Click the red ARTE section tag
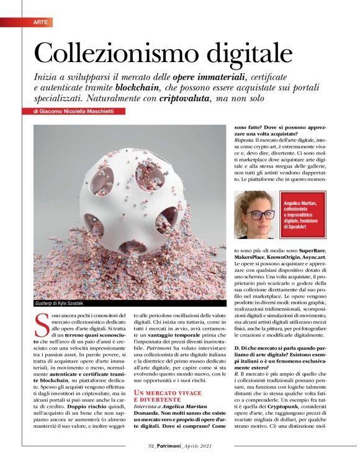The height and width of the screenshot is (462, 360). tap(41, 22)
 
